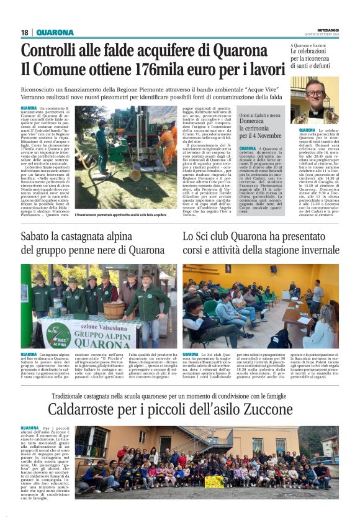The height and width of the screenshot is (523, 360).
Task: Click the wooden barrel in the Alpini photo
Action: [113, 309]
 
